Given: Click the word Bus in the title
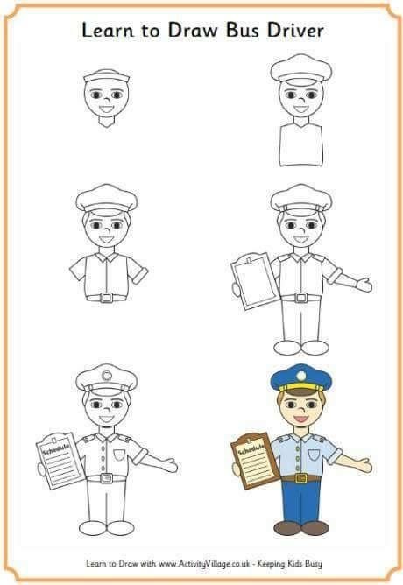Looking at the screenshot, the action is click(x=242, y=30).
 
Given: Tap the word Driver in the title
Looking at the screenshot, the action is click(x=295, y=30).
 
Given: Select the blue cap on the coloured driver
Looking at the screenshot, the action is click(x=301, y=378).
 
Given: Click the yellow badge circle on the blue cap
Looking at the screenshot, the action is click(x=301, y=375).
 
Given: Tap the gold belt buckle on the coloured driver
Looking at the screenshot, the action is click(x=301, y=477).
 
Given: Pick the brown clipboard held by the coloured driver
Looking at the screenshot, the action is click(x=254, y=461).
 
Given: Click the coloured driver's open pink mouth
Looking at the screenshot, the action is click(x=301, y=419).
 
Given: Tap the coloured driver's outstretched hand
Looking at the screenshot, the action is click(x=364, y=465).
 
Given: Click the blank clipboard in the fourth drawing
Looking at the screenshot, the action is click(x=254, y=281).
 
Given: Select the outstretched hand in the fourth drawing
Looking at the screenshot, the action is click(x=364, y=285).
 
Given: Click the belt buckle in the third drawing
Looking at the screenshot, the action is click(x=106, y=298).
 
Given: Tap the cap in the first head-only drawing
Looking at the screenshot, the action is click(x=106, y=77).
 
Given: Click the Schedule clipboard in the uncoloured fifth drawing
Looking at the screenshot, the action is click(x=60, y=461).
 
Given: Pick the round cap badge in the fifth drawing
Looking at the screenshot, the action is click(x=106, y=376).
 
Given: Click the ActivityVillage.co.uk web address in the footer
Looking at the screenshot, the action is click(x=204, y=564).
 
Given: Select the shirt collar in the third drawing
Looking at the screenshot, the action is click(x=106, y=257).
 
